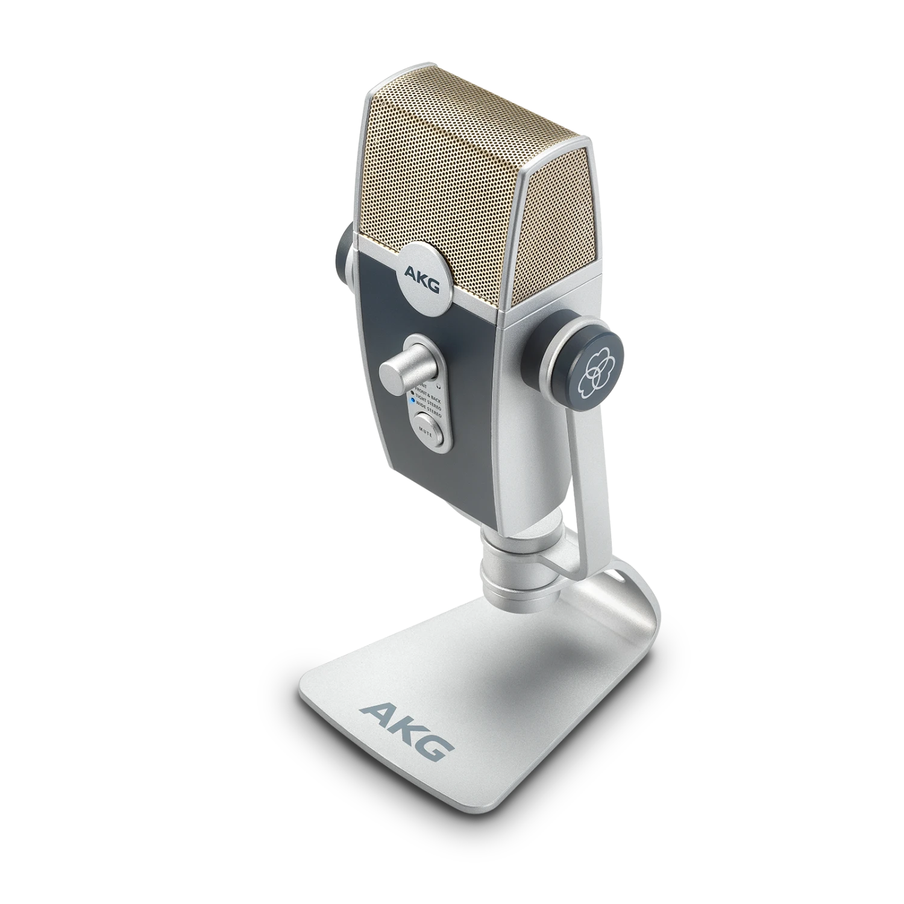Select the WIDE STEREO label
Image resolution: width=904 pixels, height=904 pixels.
click(428, 408)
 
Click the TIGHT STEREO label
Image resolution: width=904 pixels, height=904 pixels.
click(428, 399)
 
